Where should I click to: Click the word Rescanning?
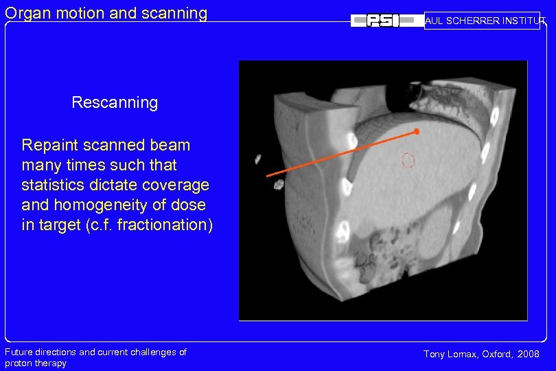[x=115, y=103]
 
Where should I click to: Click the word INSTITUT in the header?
[x=524, y=21]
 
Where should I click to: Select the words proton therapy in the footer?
[x=36, y=363]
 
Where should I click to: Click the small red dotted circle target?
[x=408, y=161]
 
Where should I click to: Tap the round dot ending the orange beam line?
[x=416, y=131]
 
